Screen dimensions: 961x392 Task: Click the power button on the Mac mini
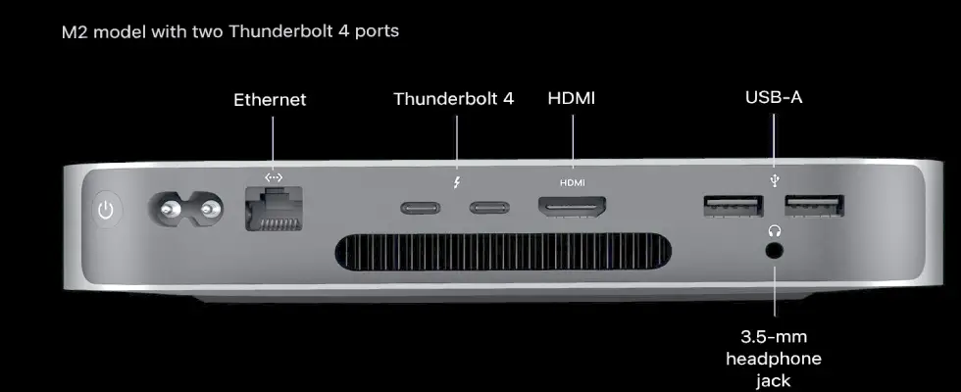[107, 211]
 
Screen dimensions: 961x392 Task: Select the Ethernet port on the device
[274, 208]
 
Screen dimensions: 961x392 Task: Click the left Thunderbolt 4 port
[420, 208]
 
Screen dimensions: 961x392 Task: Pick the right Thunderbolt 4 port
[489, 208]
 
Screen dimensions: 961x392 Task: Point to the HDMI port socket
[573, 207]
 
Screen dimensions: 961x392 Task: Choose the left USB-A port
[733, 206]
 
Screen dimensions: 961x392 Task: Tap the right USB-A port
[815, 206]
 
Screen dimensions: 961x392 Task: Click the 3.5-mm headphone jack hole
[775, 251]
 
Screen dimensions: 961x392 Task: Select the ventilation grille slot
[503, 252]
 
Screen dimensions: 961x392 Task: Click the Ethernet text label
[270, 100]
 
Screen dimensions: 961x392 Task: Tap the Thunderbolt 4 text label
[453, 99]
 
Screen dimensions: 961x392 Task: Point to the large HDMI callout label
[571, 98]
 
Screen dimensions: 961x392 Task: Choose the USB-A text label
[774, 97]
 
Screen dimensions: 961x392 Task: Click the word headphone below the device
[774, 359]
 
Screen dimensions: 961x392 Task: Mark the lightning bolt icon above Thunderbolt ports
[457, 182]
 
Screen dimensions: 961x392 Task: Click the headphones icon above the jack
[775, 231]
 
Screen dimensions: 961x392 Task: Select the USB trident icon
[775, 180]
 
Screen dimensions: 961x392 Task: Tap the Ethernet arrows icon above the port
[274, 177]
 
